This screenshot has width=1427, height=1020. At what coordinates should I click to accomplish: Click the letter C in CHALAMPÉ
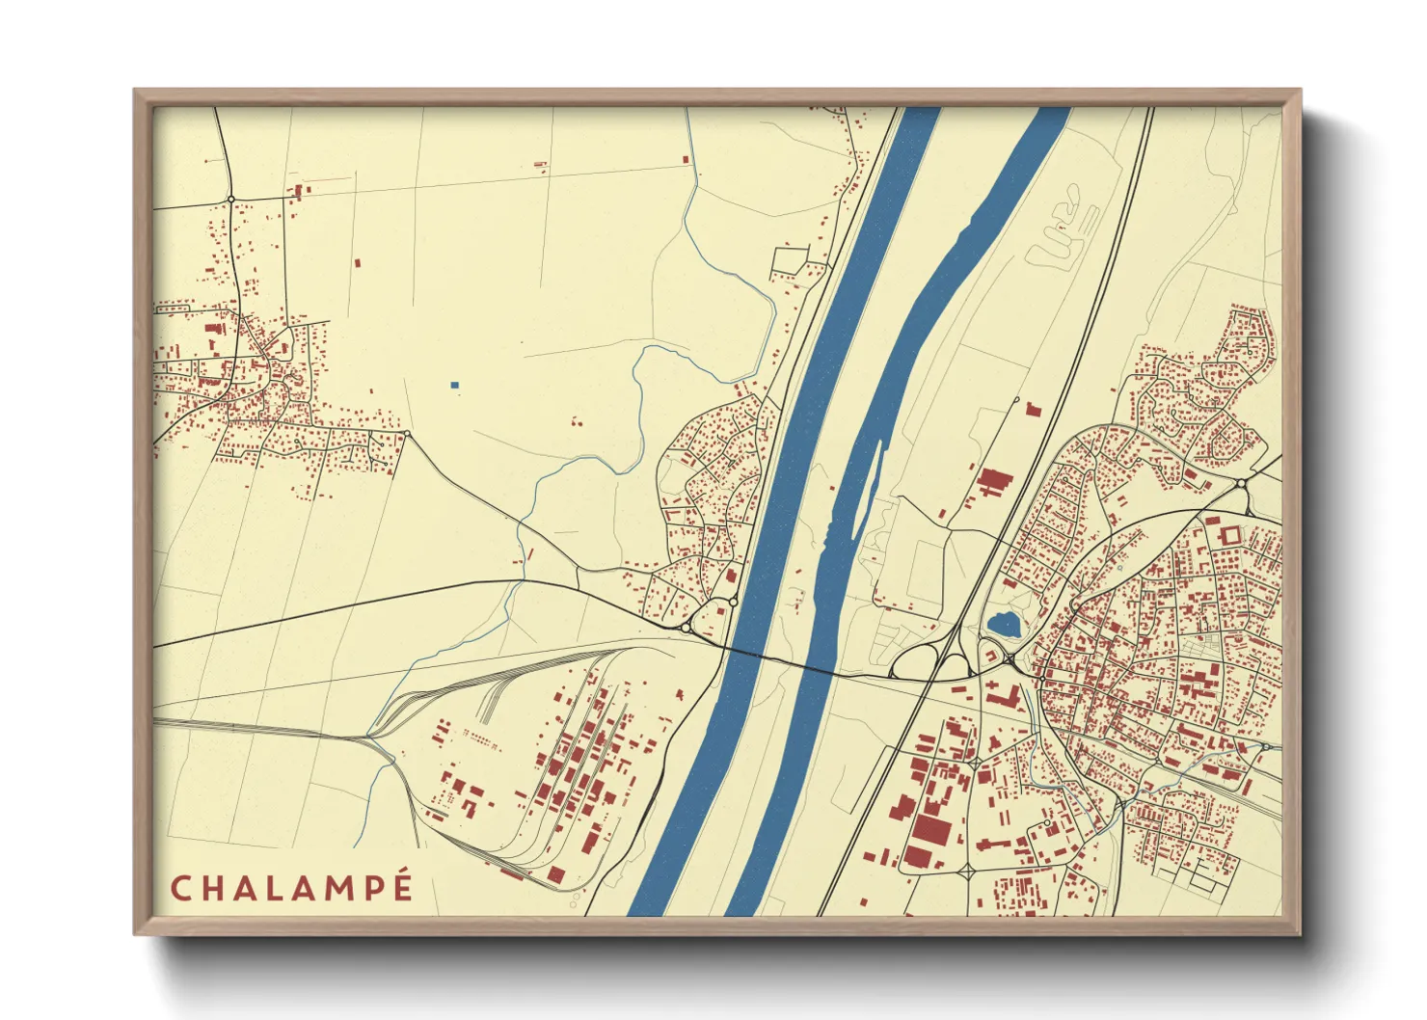[x=180, y=888]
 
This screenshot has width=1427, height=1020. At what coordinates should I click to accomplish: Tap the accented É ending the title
[x=403, y=885]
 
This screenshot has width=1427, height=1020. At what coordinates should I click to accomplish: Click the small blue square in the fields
[x=454, y=385]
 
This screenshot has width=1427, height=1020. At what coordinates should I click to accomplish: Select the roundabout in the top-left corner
[x=231, y=199]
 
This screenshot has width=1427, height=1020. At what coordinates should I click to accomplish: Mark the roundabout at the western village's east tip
[x=407, y=434]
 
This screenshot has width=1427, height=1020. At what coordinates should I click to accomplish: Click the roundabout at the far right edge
[x=1240, y=482]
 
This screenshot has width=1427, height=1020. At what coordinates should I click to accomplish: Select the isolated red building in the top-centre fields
[x=687, y=158]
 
